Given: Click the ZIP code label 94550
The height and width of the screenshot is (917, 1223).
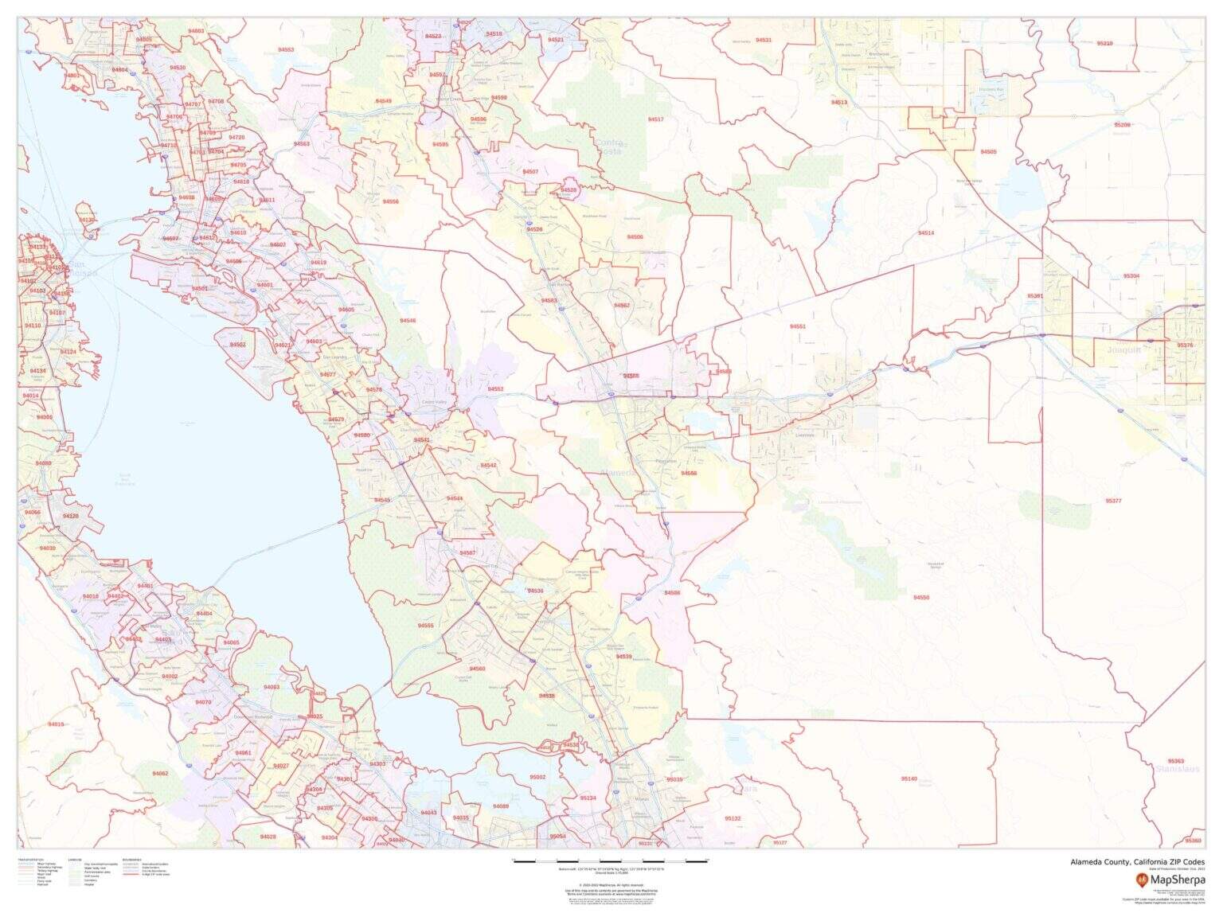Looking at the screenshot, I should (x=921, y=597).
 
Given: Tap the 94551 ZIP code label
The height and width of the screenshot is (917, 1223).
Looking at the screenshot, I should (x=798, y=326).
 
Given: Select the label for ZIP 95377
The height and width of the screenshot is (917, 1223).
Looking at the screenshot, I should (x=1113, y=501).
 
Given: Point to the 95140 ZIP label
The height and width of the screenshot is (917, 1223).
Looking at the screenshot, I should (x=909, y=778).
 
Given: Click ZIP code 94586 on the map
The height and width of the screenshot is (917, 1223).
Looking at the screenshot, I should (x=673, y=593).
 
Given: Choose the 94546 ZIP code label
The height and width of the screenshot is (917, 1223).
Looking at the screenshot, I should (x=408, y=320).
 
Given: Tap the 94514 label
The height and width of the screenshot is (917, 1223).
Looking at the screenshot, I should (x=926, y=232).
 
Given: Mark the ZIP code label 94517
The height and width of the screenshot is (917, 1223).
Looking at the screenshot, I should (x=655, y=119).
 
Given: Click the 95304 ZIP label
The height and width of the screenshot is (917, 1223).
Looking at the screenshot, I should (x=1131, y=275).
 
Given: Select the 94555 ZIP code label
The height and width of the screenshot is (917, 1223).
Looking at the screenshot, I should (x=426, y=626).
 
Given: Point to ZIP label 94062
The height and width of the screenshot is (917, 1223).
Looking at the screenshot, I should (x=160, y=774).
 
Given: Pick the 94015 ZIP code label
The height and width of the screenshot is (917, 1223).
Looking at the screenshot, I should (x=56, y=724).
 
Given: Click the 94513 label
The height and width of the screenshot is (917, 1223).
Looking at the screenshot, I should (x=839, y=102).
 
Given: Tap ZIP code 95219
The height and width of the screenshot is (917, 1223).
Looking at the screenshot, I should (x=1104, y=43).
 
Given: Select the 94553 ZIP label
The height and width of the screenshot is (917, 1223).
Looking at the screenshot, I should (x=286, y=49).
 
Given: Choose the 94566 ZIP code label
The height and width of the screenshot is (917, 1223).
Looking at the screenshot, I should (x=689, y=473).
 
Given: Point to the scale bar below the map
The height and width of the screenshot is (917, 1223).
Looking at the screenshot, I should (x=611, y=862).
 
